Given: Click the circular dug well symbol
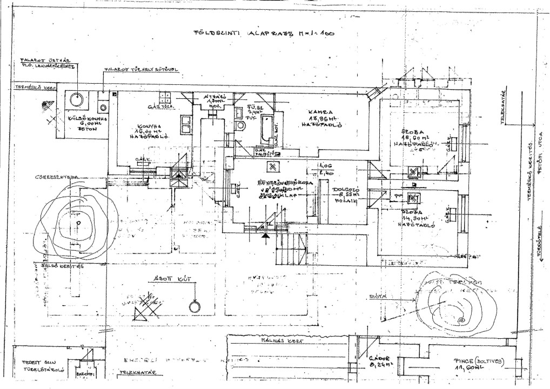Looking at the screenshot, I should point(193,307).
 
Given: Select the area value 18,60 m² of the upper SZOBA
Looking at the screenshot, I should point(415,138).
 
